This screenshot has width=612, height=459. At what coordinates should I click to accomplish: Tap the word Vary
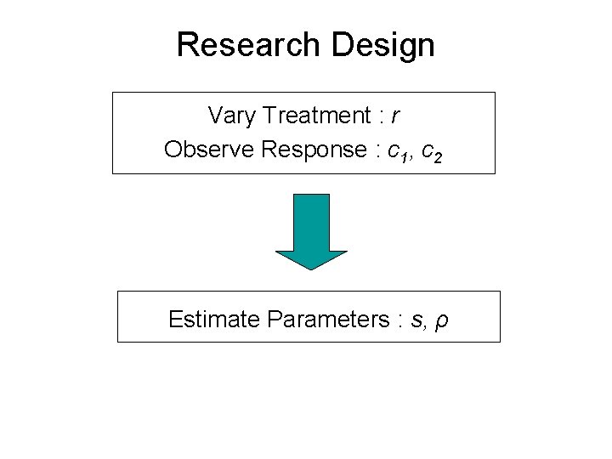coord(229,114)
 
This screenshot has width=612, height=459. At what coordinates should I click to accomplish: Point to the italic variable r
coord(396,115)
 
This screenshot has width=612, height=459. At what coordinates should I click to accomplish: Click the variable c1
coord(394,151)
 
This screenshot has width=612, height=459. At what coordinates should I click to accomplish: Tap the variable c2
coord(431,151)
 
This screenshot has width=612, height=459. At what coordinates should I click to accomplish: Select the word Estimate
coord(214,320)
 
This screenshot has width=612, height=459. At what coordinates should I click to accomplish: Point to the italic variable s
coord(416,320)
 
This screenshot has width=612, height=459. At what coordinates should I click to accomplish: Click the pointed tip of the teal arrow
coord(312,268)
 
